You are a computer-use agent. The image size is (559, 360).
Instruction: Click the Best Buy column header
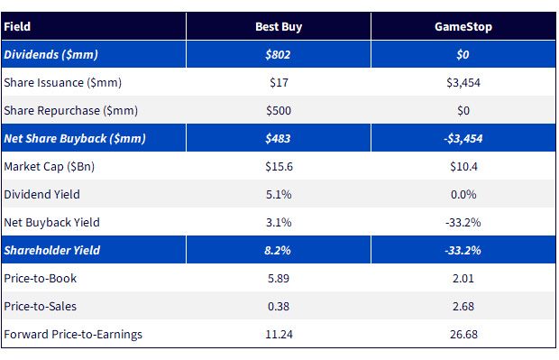[x=279, y=27]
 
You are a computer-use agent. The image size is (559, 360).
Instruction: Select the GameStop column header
[x=463, y=27]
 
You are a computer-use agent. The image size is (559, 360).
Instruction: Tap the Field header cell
[x=17, y=27]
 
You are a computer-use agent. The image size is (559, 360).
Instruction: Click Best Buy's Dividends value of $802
[x=278, y=55]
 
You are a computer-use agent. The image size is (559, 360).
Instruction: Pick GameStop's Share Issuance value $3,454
[x=463, y=83]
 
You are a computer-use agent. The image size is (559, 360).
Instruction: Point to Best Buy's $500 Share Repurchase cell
[x=279, y=111]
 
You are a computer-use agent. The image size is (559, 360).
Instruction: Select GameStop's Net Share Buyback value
[x=463, y=138]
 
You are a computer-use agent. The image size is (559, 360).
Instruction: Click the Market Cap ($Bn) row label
[x=50, y=167]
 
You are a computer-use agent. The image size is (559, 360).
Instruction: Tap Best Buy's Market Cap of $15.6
[x=279, y=167]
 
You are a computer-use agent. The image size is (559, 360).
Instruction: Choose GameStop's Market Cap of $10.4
[x=463, y=167]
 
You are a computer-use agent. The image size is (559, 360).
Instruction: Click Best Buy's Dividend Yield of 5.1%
[x=279, y=195]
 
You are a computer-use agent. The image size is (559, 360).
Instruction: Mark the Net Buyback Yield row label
[x=51, y=223]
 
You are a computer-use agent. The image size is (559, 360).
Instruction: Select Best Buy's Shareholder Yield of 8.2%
[x=278, y=251]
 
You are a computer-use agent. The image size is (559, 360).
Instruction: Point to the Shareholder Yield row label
[x=52, y=251]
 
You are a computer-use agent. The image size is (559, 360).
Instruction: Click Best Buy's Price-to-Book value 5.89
[x=279, y=278]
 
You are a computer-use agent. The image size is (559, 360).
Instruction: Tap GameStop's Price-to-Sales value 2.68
[x=463, y=307]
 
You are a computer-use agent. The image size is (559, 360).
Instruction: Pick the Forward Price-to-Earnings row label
[x=73, y=335]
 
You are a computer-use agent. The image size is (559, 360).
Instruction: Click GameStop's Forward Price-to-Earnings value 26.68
[x=463, y=335]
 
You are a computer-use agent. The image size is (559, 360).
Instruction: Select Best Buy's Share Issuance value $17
[x=279, y=83]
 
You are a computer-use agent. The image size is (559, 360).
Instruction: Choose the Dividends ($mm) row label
[x=51, y=55]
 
